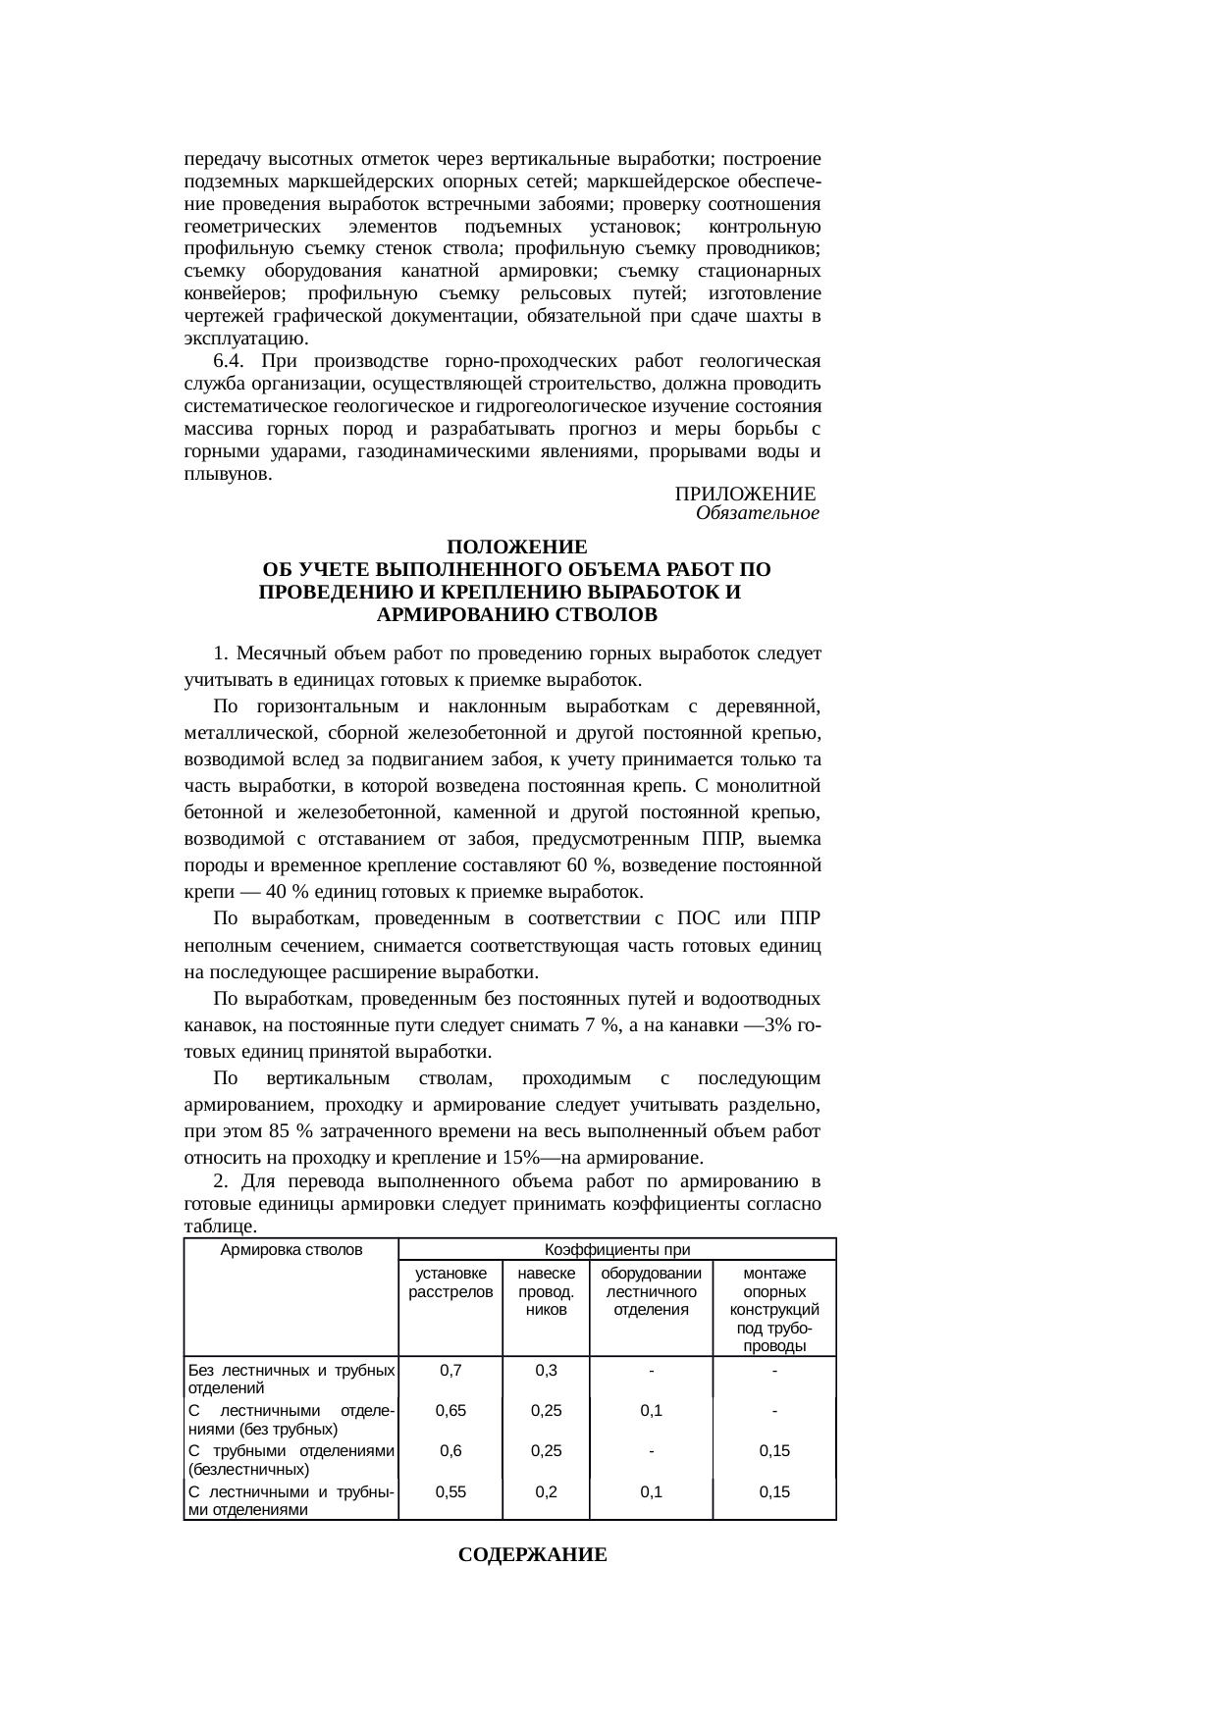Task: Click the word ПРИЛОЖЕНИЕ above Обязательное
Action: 746,493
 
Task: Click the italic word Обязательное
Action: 757,513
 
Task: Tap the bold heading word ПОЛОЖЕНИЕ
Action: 516,547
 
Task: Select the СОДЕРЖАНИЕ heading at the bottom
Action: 533,1555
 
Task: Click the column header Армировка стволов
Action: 291,1250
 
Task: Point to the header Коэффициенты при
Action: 617,1250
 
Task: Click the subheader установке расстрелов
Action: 450,1283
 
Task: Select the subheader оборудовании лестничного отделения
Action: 651,1292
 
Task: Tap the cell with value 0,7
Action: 450,1371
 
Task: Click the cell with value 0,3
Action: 546,1371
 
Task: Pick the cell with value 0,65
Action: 450,1411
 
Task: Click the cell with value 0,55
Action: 450,1491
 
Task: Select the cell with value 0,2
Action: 546,1491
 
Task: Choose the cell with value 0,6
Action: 450,1451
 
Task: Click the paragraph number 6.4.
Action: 229,361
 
